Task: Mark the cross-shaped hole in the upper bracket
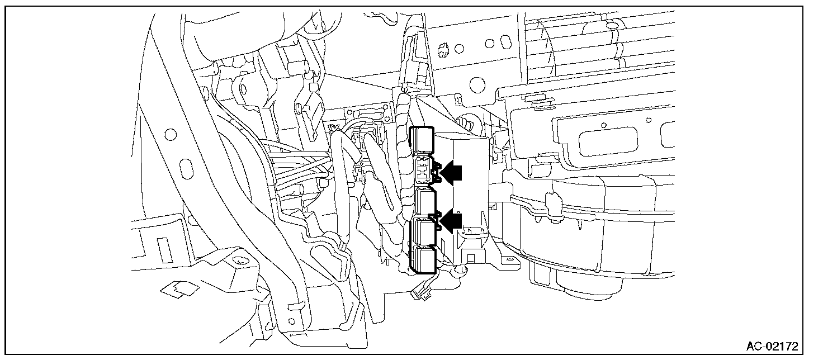point(444,49)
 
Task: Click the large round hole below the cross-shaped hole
point(477,84)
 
